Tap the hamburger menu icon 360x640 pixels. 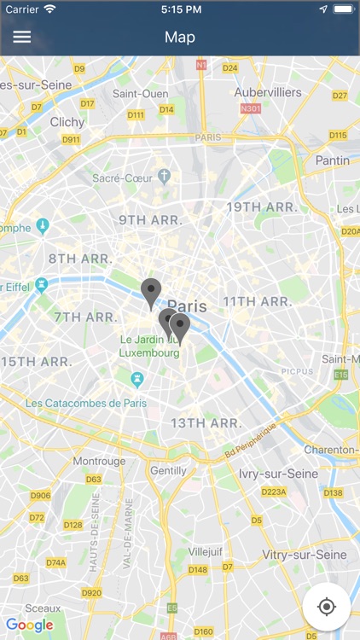tap(21, 37)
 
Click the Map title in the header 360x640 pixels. tap(180, 37)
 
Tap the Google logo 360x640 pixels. tap(29, 625)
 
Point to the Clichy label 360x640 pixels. tap(67, 122)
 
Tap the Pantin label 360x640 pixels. tap(332, 160)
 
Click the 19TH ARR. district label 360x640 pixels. tap(262, 207)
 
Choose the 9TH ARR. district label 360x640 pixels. tap(150, 220)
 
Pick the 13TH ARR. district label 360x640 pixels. tap(206, 423)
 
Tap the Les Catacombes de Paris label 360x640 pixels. tap(86, 403)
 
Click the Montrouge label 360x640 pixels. tap(99, 461)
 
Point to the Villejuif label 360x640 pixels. tap(205, 551)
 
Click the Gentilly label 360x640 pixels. tap(167, 470)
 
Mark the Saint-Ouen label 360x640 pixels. tap(139, 93)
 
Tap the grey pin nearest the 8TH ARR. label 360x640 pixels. tap(151, 293)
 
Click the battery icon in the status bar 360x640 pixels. tap(343, 9)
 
